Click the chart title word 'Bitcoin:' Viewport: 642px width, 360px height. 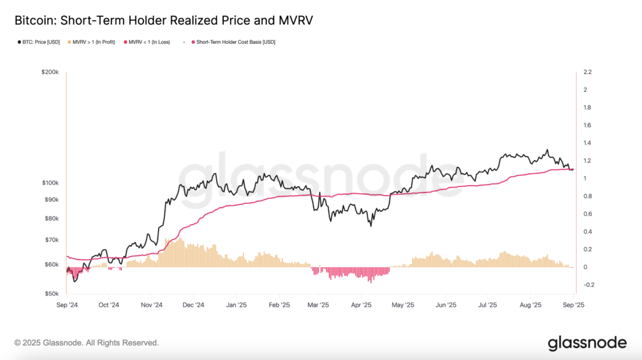pos(33,20)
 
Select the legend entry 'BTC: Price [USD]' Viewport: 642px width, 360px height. pos(38,42)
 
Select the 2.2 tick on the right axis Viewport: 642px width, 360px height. pos(587,73)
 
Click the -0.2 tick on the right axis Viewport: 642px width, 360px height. pos(589,285)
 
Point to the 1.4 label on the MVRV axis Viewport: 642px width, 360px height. pos(587,144)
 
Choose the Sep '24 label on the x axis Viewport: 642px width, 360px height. pos(66,306)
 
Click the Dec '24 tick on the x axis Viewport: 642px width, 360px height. pos(194,306)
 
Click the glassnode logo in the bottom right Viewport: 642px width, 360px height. pos(587,343)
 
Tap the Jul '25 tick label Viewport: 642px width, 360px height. pos(488,306)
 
